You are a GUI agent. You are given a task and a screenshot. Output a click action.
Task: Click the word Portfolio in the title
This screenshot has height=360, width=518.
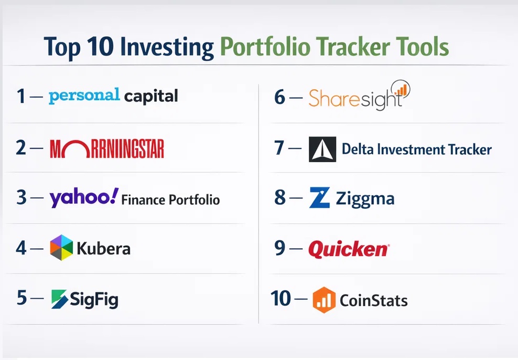click(265, 47)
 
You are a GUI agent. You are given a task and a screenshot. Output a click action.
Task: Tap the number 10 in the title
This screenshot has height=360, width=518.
click(101, 46)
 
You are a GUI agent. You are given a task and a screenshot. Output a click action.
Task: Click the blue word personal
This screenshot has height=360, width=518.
click(84, 96)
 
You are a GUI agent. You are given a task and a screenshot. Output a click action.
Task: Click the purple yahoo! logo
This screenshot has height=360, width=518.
click(84, 198)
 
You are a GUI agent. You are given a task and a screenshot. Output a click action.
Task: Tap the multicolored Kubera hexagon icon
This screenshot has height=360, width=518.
click(61, 248)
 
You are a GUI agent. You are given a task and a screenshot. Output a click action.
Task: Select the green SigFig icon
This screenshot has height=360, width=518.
click(59, 299)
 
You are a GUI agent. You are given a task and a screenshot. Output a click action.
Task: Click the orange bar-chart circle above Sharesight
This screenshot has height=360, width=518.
click(401, 89)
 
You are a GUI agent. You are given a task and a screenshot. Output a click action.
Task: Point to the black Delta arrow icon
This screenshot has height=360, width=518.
click(322, 150)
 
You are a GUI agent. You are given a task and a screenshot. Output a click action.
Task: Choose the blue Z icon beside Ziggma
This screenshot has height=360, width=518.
click(319, 198)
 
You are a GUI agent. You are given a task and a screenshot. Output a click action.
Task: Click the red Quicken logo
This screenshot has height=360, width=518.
click(349, 249)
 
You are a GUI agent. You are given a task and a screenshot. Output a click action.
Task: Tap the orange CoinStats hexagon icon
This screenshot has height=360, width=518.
click(324, 300)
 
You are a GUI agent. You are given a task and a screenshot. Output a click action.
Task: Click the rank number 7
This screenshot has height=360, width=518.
click(279, 148)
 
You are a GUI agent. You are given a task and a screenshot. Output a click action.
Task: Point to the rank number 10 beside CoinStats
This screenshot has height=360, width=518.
click(281, 298)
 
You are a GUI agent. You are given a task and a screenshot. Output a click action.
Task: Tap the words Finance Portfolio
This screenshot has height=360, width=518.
click(170, 199)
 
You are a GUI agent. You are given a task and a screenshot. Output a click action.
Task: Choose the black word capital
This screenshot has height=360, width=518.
click(151, 97)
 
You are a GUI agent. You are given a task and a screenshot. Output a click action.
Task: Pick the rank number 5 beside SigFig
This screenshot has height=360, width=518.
click(22, 298)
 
